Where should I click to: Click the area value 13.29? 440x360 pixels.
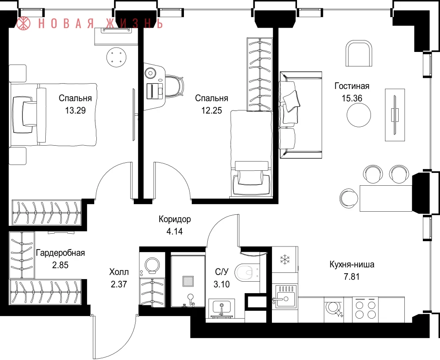pos(75,110)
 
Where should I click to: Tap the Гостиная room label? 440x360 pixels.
pos(352,86)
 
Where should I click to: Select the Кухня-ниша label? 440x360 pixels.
pos(352,264)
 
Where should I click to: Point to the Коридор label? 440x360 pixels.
pos(175,219)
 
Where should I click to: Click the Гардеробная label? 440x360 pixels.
pos(60,253)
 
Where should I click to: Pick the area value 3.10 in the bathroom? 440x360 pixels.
pos(221,284)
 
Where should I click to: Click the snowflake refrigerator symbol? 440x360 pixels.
pos(285,260)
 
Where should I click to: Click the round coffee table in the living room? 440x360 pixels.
pos(359,115)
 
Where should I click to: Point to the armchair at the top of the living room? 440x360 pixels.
pos(359,53)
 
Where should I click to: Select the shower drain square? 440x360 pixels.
pos(188,281)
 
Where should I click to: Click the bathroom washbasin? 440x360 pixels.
pos(222,308)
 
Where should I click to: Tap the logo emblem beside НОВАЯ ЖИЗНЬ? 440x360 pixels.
pos(24,24)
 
